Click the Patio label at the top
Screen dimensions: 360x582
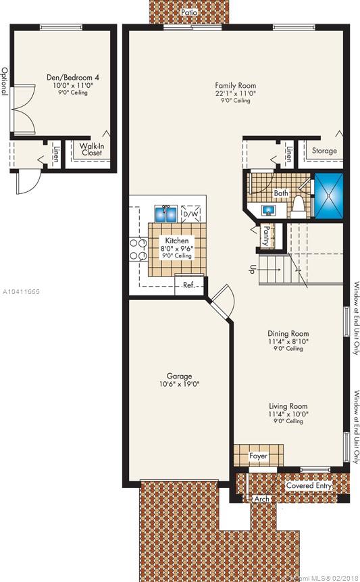(x=189, y=12)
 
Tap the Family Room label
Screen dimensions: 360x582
(x=236, y=85)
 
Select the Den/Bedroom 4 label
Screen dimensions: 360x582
(x=73, y=78)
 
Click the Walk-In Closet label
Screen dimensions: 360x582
(x=92, y=149)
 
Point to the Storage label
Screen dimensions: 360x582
(x=324, y=151)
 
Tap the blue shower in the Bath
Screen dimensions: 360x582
(x=328, y=195)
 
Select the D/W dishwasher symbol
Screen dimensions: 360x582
(x=191, y=214)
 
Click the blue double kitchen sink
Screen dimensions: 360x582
(x=166, y=214)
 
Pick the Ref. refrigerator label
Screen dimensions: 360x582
(x=188, y=285)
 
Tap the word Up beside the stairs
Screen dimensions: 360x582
(x=251, y=270)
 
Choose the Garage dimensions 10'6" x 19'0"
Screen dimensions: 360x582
(x=180, y=384)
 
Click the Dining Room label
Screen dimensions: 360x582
(x=288, y=333)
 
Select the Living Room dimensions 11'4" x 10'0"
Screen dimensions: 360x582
(x=288, y=414)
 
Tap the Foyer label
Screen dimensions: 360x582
(x=259, y=456)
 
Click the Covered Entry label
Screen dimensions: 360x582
(x=309, y=485)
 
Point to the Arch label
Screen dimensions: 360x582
(x=262, y=499)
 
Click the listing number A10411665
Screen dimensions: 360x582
(x=21, y=292)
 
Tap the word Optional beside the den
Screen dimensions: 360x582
(x=5, y=81)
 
